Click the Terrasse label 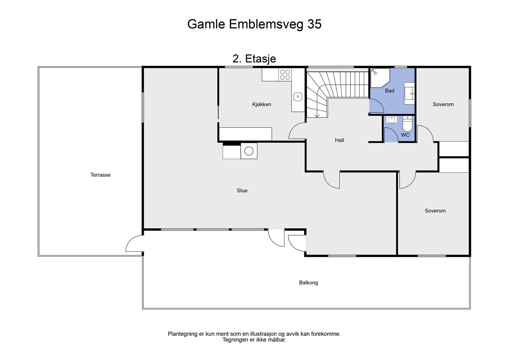(100, 175)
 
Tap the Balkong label (308, 283)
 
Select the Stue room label (242, 191)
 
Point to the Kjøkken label (262, 104)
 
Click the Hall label (339, 140)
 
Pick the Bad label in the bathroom (389, 91)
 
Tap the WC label (405, 135)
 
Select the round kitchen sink (298, 97)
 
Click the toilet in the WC (407, 123)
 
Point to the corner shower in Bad (380, 78)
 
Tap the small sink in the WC (392, 120)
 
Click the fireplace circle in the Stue (249, 151)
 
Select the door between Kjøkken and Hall (297, 131)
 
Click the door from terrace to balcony (135, 243)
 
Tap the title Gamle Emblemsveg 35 (254, 24)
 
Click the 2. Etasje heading (254, 59)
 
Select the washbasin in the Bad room (409, 94)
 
